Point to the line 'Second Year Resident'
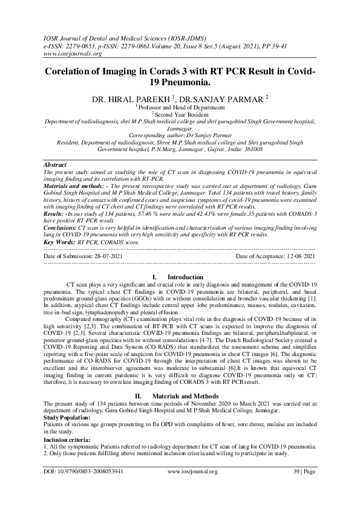(x=182, y=113)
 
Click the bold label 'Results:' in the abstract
(x=56, y=213)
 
